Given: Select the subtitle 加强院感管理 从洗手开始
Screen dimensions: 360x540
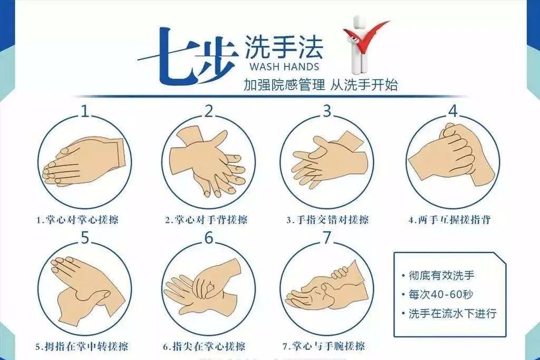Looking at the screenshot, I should click(x=321, y=85).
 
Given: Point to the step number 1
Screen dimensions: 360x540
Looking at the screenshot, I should click(x=86, y=111).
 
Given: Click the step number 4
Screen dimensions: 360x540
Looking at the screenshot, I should click(x=453, y=111).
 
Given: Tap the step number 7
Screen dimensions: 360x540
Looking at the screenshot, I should click(x=327, y=238).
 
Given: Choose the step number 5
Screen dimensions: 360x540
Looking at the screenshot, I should click(x=86, y=238).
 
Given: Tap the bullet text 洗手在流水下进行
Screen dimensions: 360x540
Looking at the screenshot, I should click(x=452, y=313).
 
